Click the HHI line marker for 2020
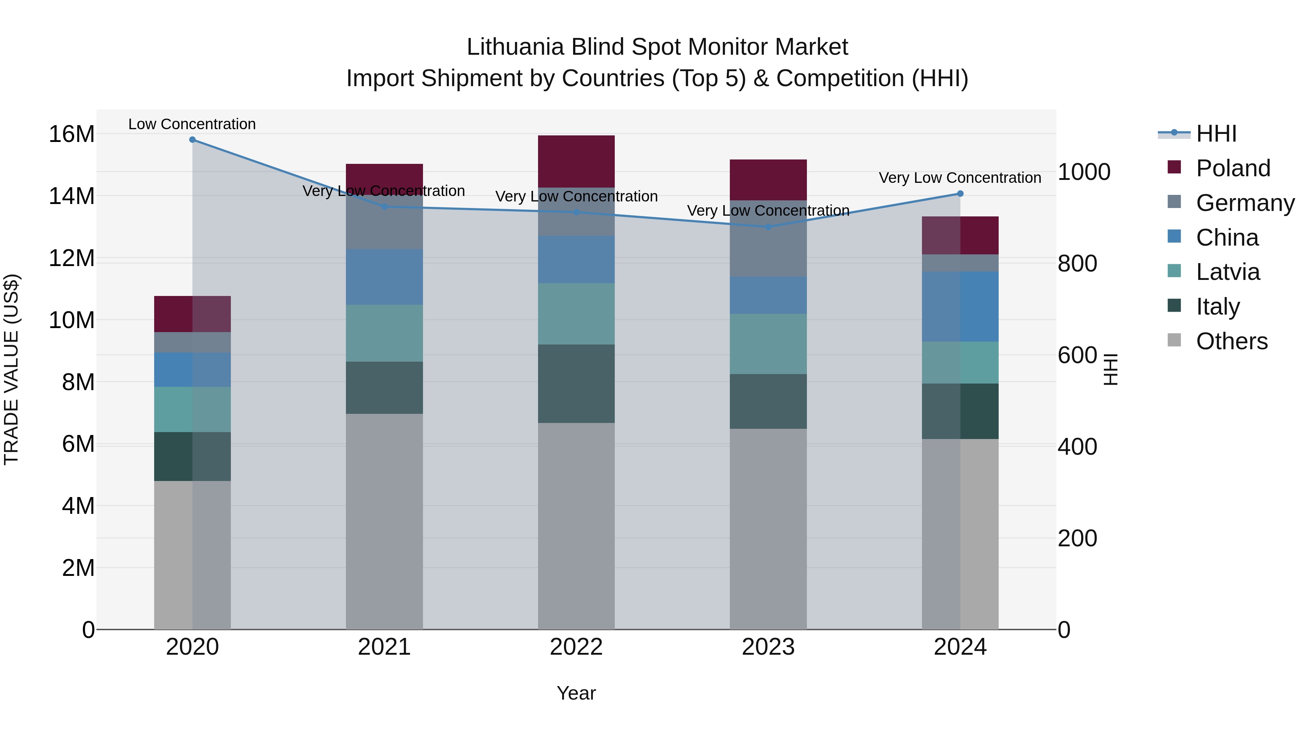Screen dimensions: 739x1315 coord(193,140)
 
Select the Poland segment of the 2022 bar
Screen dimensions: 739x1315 coord(576,162)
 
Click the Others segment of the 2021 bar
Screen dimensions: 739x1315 coord(384,521)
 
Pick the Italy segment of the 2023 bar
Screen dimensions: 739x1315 coord(768,401)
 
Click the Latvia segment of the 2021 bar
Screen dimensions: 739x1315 coord(384,333)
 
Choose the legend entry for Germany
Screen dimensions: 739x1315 coord(1245,203)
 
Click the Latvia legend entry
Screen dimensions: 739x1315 coord(1228,272)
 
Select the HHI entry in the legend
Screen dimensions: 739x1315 coord(1216,134)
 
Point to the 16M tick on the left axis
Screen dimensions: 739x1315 coord(72,134)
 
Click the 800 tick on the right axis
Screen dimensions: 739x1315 coord(1077,264)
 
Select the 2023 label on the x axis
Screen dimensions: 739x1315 coord(768,647)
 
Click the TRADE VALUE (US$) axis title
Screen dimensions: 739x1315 coord(12,369)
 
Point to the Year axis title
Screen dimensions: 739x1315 coord(576,693)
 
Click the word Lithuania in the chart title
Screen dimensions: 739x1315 coord(515,47)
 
